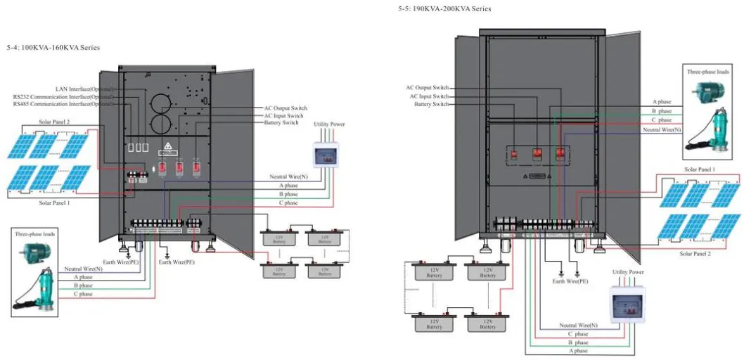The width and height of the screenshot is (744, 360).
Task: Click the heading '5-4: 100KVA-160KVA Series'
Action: click(53, 47)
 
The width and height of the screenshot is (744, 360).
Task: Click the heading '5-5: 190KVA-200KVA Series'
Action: click(444, 8)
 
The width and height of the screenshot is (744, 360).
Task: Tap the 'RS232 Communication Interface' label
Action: click(63, 96)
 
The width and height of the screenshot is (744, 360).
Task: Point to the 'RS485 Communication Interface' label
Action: click(63, 103)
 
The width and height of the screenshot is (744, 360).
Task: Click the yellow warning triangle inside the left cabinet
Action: click(167, 148)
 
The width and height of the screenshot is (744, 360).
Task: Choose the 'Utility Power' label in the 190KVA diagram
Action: click(627, 271)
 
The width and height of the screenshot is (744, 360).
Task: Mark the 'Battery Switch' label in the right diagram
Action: click(431, 104)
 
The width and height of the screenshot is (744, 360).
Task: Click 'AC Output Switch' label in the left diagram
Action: click(285, 108)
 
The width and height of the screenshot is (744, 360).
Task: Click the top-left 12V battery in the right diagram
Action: click(435, 272)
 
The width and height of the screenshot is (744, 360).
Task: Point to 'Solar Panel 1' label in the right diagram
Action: click(700, 169)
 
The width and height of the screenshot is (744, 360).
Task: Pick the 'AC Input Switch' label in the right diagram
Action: click(429, 96)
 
